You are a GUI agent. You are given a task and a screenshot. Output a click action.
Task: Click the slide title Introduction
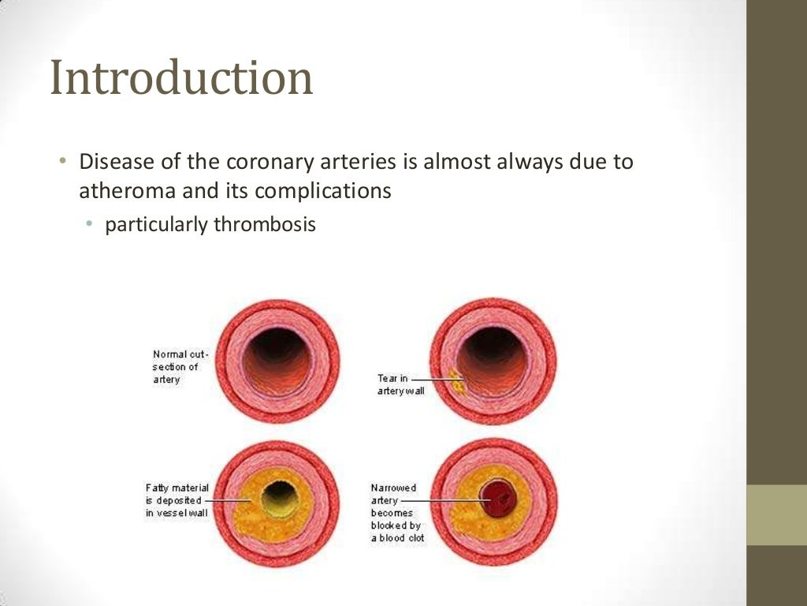coord(181,79)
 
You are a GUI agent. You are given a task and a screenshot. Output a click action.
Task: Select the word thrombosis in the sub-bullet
coord(264,225)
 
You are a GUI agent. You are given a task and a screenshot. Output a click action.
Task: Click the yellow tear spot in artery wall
coord(455,381)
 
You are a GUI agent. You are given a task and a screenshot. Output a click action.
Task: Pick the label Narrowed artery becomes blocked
coord(397,513)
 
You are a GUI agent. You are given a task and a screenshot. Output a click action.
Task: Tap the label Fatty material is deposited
coord(177,500)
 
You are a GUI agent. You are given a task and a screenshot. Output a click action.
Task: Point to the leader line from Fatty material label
coord(229,500)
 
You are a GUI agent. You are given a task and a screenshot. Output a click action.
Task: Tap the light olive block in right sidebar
coord(776,514)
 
